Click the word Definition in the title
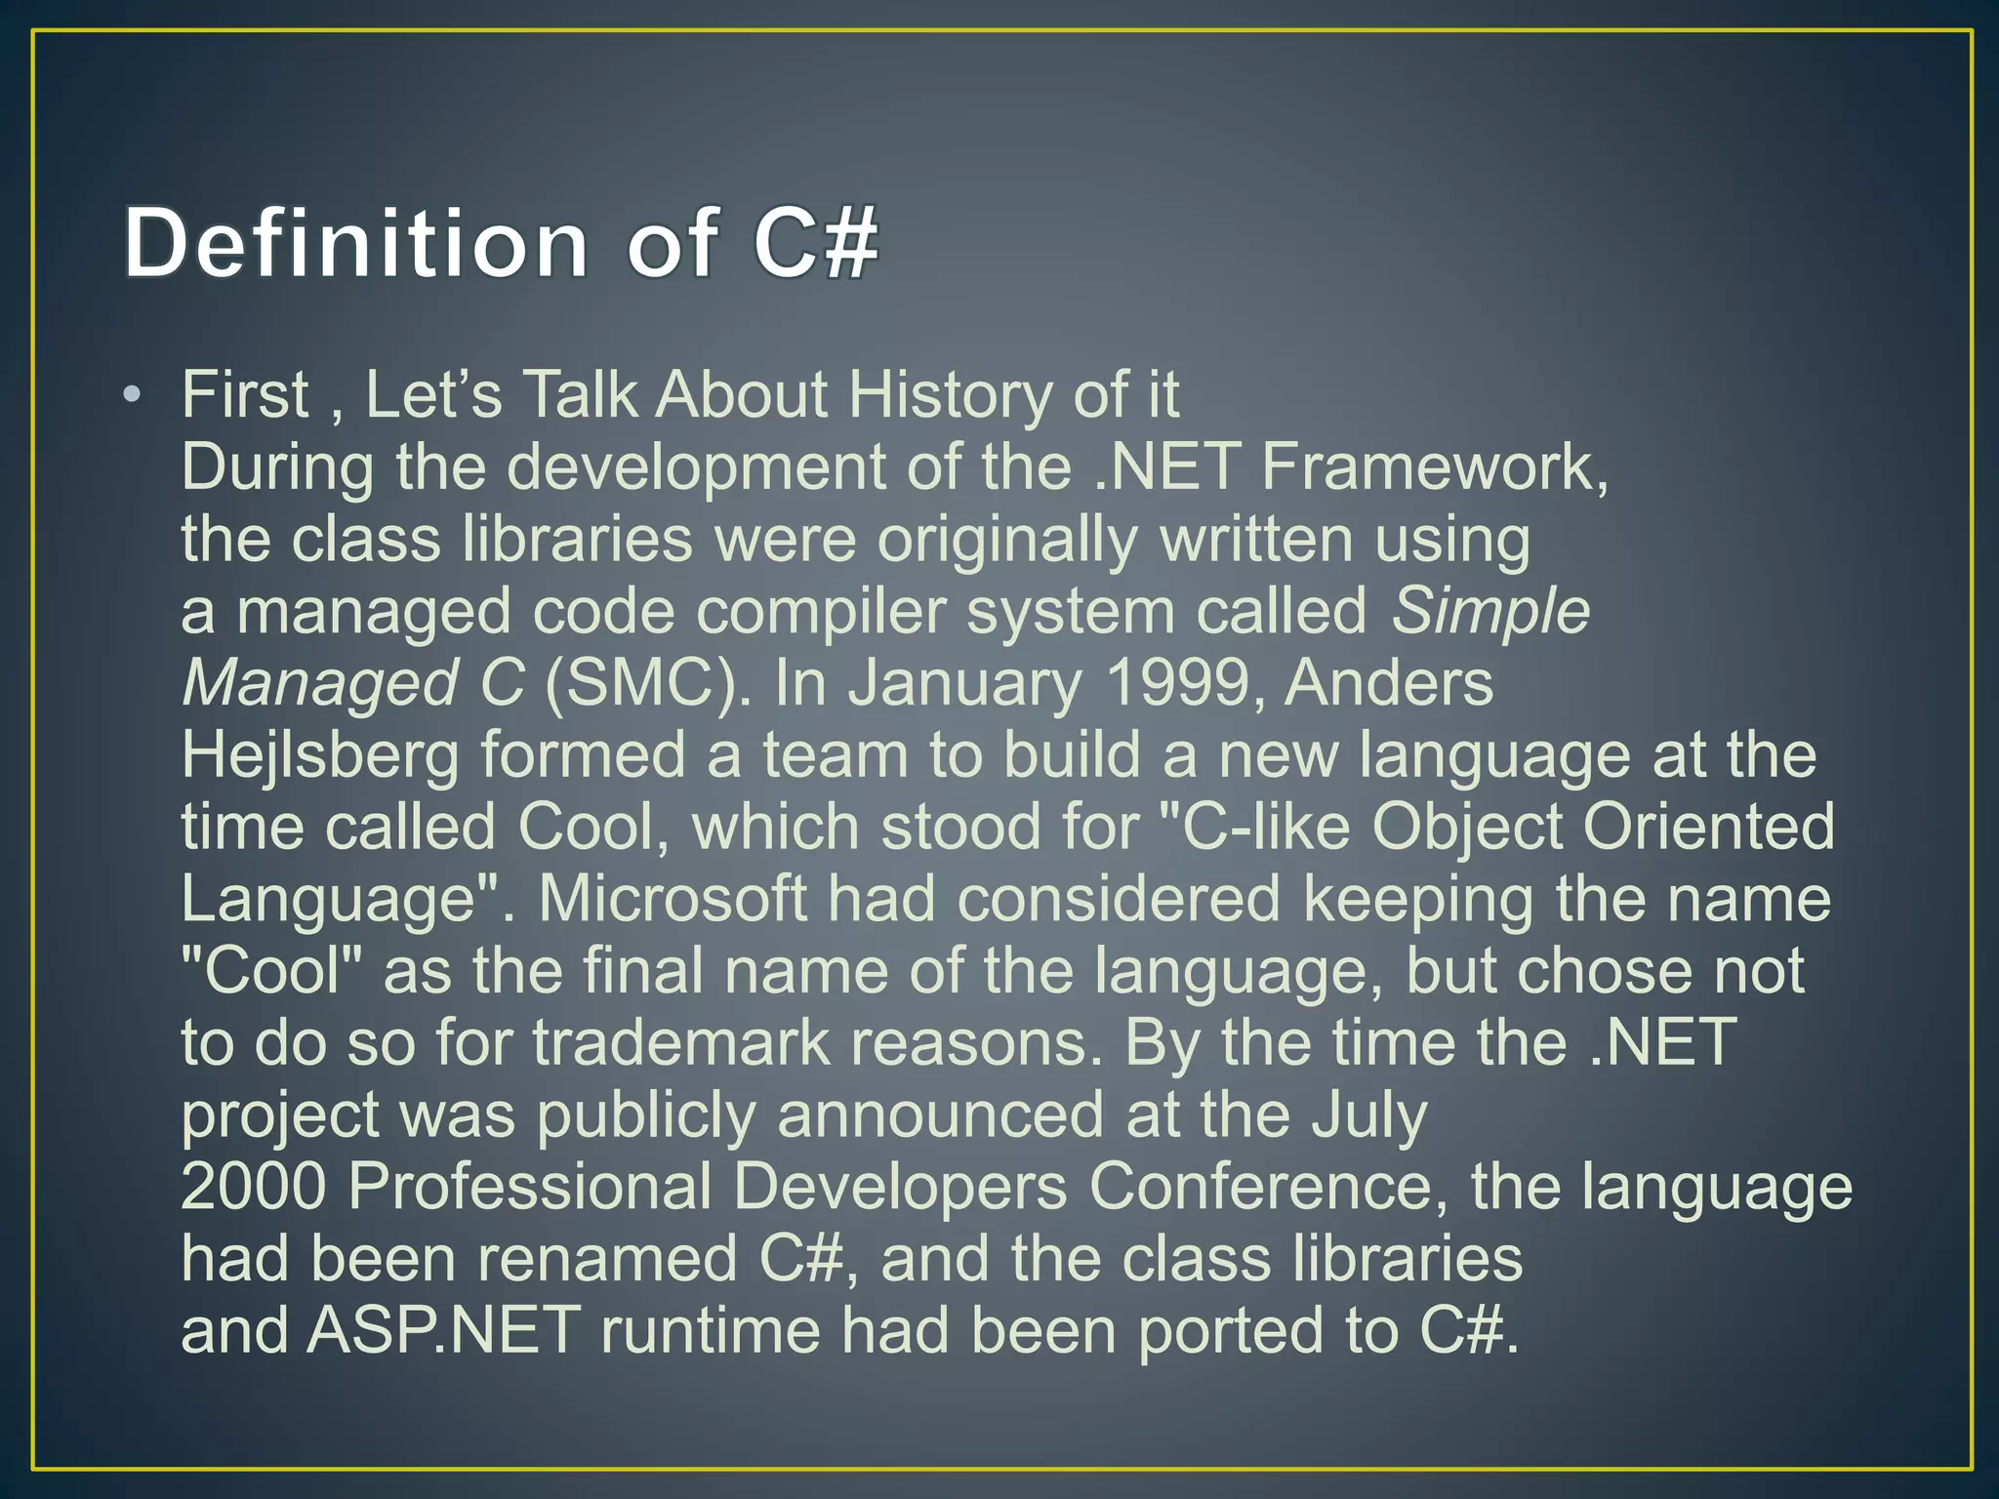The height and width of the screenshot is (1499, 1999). [356, 243]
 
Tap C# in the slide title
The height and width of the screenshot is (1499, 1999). [816, 243]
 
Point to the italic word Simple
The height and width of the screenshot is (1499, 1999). [1490, 612]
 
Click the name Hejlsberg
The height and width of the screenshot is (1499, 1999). [320, 756]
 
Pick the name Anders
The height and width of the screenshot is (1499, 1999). [1389, 683]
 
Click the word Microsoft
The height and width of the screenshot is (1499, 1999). [673, 899]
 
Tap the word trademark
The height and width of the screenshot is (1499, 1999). [679, 1043]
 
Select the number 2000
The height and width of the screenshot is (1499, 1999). [254, 1188]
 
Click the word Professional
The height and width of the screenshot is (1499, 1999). [530, 1188]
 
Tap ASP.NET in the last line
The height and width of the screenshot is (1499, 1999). [444, 1331]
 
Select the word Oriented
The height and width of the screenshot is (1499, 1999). [1709, 828]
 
